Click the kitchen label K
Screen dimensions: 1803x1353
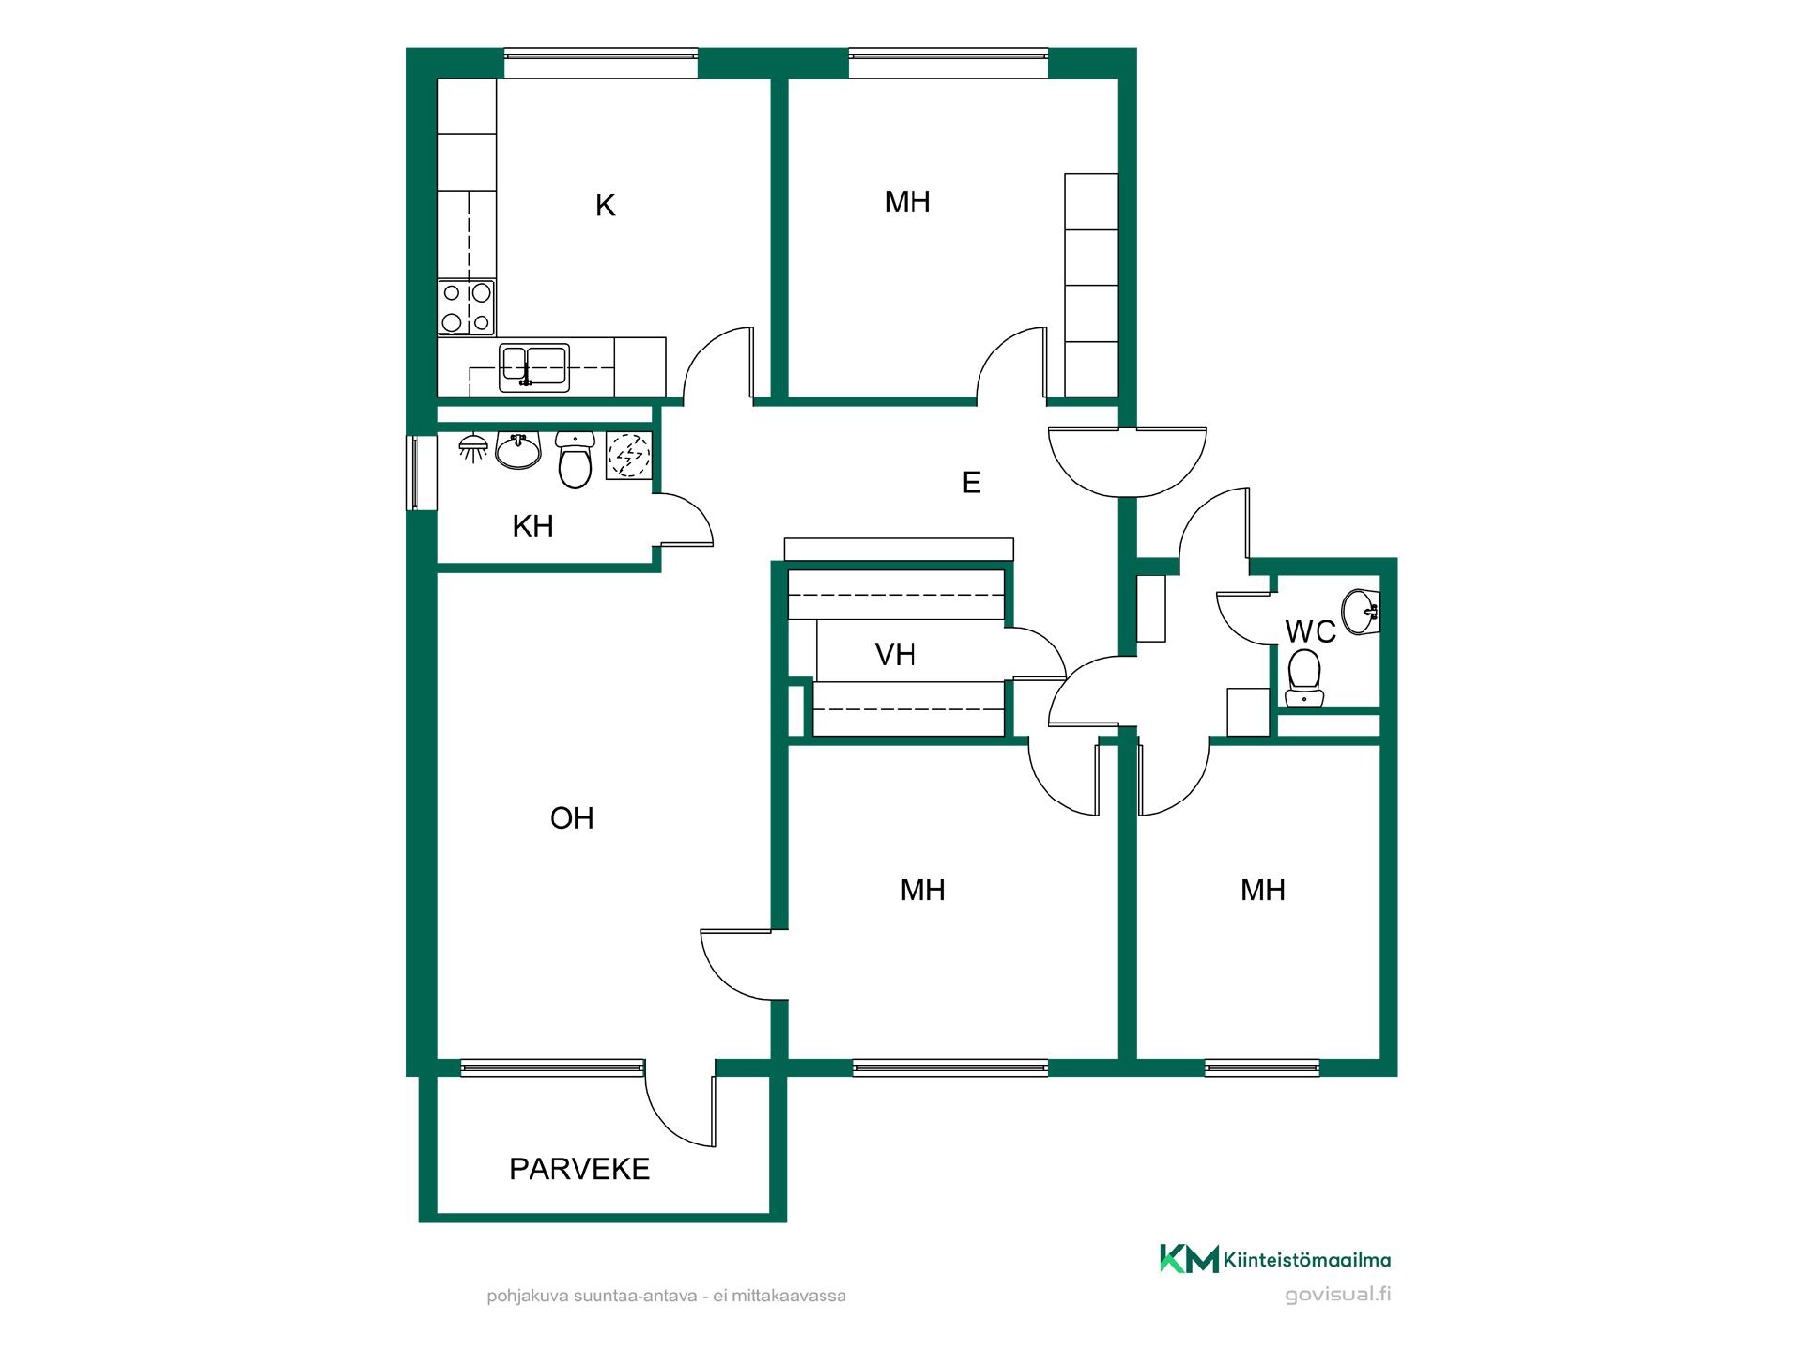coord(605,205)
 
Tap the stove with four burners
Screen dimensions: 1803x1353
coord(467,307)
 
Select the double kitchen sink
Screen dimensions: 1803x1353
coord(534,367)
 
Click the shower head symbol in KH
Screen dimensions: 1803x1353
coord(472,447)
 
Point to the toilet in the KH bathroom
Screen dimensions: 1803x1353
coord(575,459)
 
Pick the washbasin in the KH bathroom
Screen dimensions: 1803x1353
coord(518,451)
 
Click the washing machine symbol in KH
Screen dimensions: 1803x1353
coord(628,456)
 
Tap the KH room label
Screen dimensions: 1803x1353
coord(532,526)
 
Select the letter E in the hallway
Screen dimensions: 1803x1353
coord(972,483)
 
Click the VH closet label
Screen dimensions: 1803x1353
coord(895,655)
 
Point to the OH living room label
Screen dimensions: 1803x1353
coord(572,818)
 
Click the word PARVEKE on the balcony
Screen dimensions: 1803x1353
coord(579,1169)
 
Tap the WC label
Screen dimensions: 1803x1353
coord(1310,631)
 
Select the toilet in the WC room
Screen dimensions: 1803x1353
coord(1303,678)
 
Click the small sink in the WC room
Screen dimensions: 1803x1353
coord(1360,612)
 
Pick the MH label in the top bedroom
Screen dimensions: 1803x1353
coord(907,202)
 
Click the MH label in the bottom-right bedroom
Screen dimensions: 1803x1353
coord(1262,890)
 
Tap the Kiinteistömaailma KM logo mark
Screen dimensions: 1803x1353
coord(1189,1259)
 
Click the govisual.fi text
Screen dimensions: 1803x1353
coord(1338,1295)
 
